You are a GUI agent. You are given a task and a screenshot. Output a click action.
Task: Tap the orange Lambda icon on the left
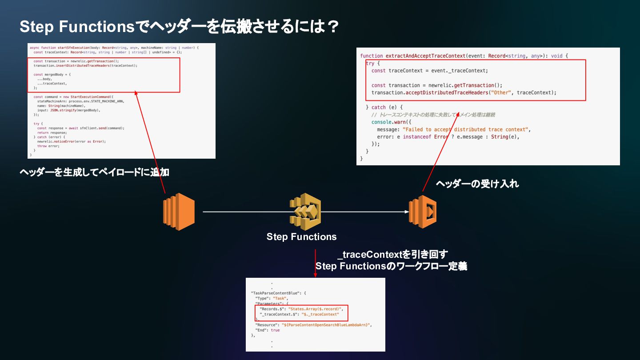point(179,212)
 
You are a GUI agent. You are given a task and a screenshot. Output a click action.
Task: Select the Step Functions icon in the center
point(305,211)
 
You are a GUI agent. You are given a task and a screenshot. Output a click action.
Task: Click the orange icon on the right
point(423,212)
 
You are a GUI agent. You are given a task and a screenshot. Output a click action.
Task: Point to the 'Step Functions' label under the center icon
point(301,237)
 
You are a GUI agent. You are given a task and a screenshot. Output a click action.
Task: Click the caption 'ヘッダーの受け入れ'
point(477,184)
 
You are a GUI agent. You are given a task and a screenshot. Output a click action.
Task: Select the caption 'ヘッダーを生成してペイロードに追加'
point(94,172)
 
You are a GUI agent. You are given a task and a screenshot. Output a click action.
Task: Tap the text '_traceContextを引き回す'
point(392,254)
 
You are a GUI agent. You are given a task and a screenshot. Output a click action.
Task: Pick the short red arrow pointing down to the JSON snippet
point(315,264)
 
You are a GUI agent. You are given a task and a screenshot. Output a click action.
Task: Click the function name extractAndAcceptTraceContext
point(425,56)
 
